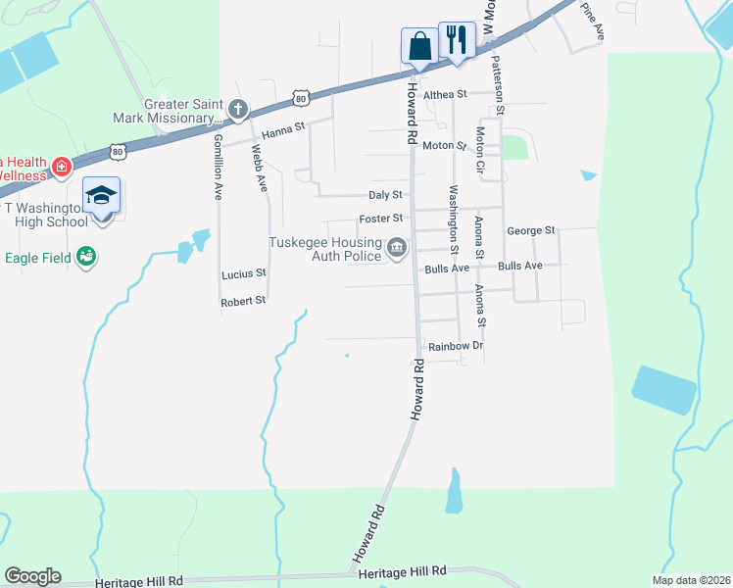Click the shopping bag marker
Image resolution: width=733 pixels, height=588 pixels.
click(419, 45)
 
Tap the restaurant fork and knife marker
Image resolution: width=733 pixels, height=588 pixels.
click(457, 40)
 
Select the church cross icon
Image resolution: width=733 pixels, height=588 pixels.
click(238, 109)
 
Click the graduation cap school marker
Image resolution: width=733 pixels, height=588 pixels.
click(102, 196)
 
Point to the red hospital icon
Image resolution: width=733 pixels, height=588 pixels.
click(62, 167)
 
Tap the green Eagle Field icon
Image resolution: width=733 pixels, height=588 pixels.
click(87, 256)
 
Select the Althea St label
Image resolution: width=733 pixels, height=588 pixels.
click(447, 94)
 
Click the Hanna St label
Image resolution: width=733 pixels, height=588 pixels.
click(283, 126)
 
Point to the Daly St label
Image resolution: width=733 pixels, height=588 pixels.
click(385, 195)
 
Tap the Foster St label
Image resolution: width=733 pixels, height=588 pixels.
click(381, 219)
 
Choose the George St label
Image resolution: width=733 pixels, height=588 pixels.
click(531, 230)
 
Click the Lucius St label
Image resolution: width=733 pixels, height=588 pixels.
click(243, 274)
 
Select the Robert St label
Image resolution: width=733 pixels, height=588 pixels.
click(243, 302)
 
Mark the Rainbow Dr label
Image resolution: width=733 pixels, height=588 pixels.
click(456, 347)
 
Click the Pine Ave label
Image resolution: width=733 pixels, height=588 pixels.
click(593, 20)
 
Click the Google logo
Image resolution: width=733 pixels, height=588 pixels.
click(32, 576)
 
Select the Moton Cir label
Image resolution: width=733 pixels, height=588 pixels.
click(481, 148)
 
